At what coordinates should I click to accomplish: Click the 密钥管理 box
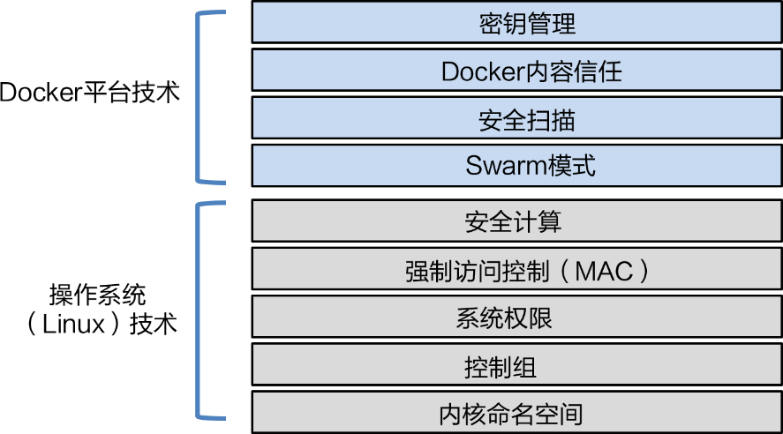tap(516, 23)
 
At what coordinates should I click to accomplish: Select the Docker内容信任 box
tap(516, 71)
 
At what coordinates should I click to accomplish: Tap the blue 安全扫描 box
tap(516, 118)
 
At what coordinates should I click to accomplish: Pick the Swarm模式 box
tap(516, 166)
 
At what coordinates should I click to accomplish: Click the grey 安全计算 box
tap(516, 221)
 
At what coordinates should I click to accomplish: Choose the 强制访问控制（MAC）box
tap(516, 269)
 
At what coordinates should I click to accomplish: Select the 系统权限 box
tap(516, 317)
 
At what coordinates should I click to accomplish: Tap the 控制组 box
tap(516, 364)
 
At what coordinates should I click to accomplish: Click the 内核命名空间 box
tap(516, 412)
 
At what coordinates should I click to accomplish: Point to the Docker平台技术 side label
tap(89, 92)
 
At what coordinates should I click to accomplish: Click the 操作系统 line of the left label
tap(98, 294)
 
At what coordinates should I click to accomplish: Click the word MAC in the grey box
tap(604, 270)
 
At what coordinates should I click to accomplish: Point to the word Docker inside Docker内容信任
tap(484, 71)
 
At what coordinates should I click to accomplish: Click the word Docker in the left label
tap(41, 92)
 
